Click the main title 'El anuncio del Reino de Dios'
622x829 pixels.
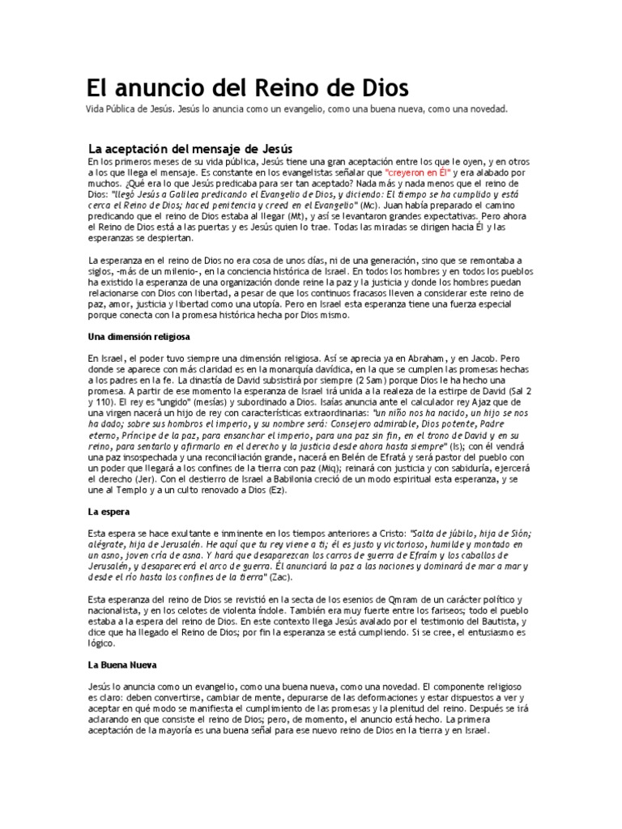(x=248, y=87)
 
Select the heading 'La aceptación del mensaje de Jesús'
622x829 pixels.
(x=190, y=149)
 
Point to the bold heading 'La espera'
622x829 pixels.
(x=109, y=512)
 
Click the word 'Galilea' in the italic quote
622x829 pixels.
(x=177, y=196)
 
